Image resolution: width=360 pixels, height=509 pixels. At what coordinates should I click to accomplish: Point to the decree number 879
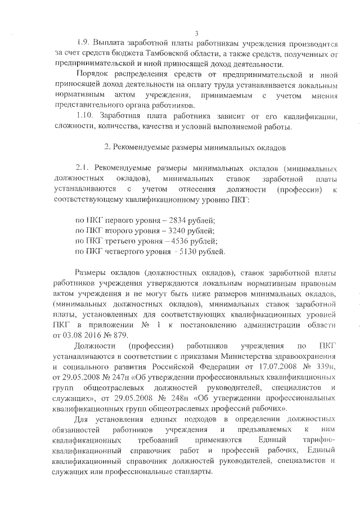pos(121,335)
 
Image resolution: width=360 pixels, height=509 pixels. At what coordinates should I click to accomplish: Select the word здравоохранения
pos(305,356)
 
